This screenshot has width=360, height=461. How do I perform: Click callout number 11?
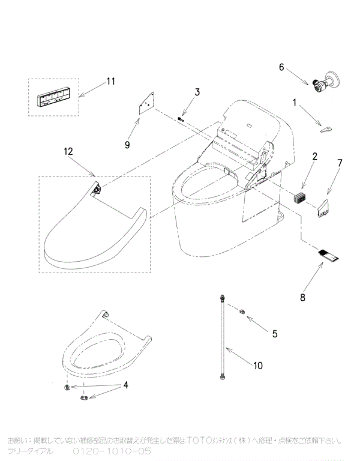click(110, 81)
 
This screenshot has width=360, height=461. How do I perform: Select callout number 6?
click(281, 67)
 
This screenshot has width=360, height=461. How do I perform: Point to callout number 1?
click(295, 103)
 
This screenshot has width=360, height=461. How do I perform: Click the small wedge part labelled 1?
click(326, 128)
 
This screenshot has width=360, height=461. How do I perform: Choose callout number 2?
click(314, 157)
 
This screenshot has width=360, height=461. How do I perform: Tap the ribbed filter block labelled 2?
click(299, 196)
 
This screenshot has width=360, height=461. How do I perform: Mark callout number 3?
click(196, 92)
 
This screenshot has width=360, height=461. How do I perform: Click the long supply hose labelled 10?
click(223, 336)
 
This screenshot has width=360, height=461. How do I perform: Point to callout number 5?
click(274, 333)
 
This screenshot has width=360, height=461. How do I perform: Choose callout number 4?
click(126, 385)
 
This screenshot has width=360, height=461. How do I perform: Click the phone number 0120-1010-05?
click(112, 450)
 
